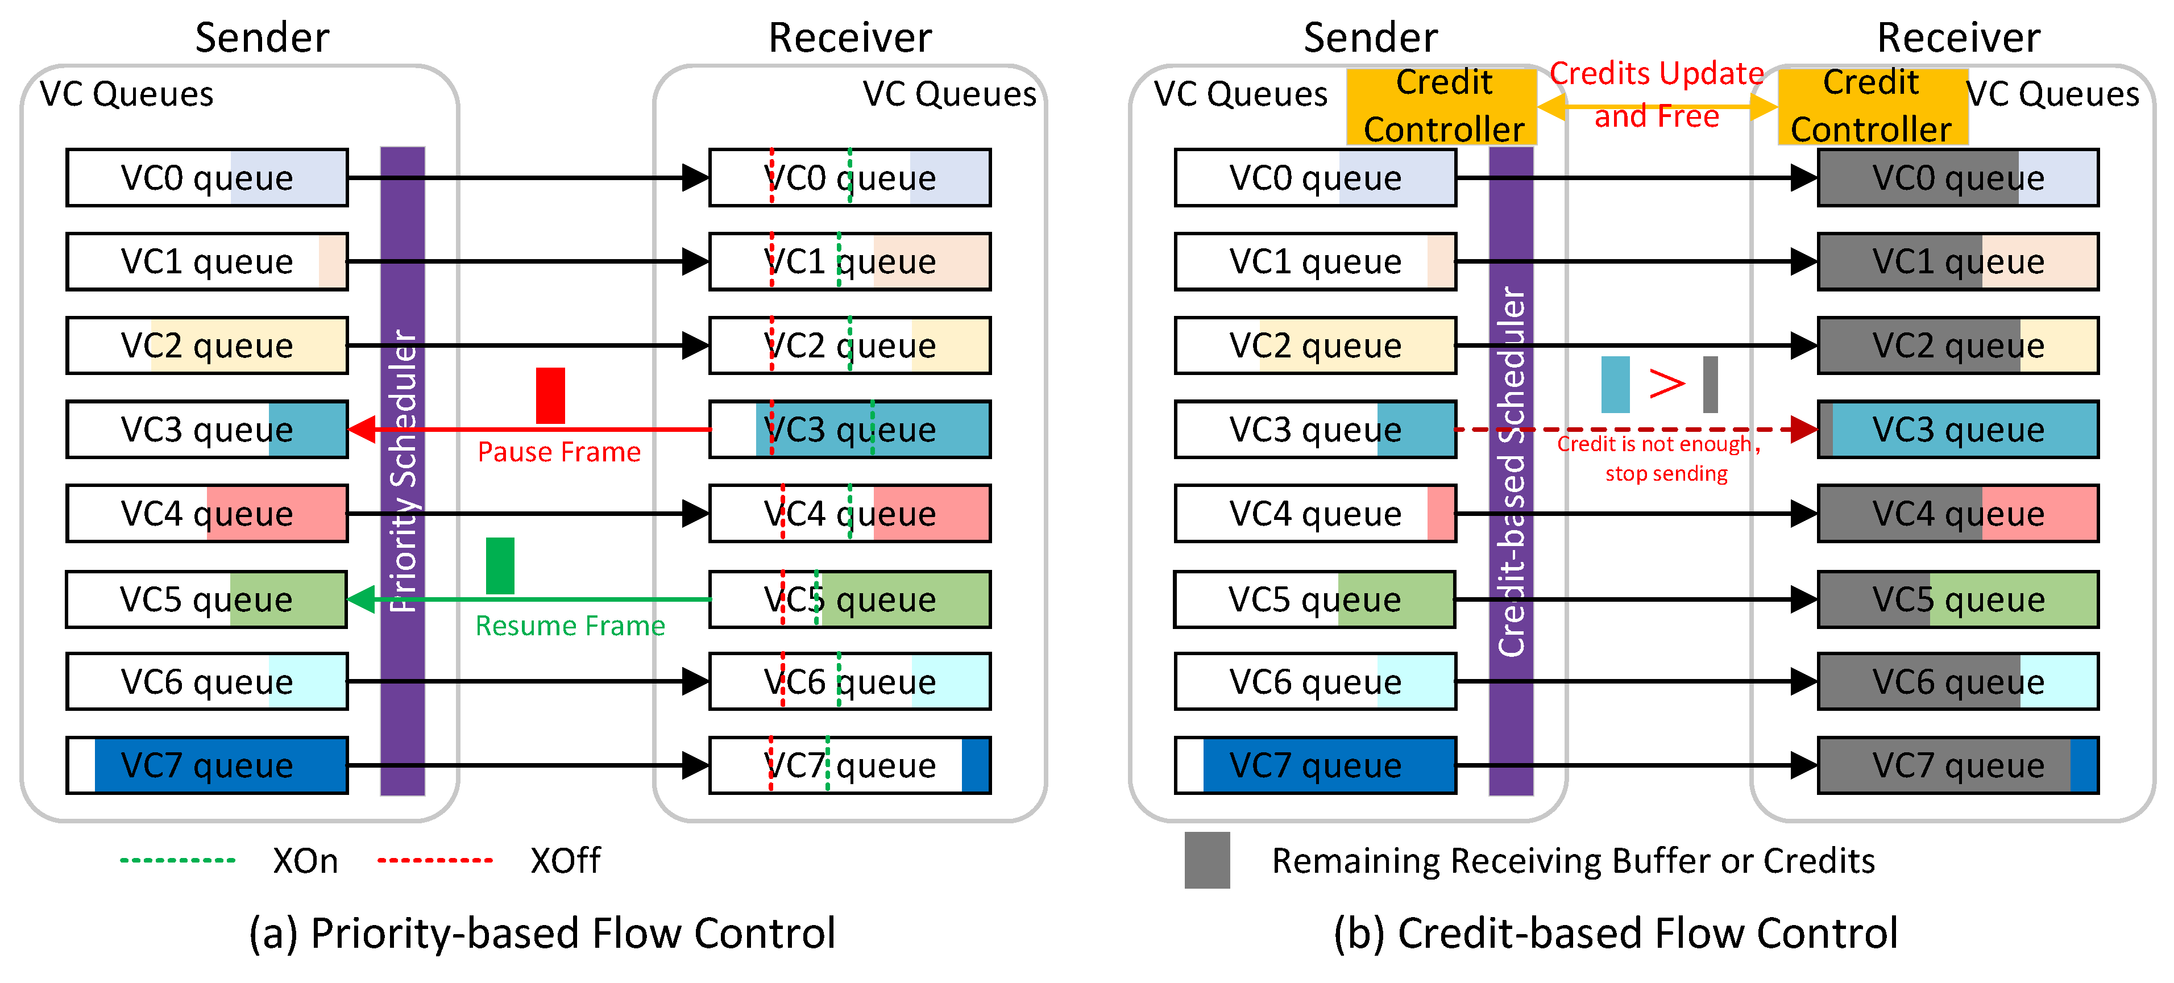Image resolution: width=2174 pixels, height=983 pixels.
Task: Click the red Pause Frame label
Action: pos(559,452)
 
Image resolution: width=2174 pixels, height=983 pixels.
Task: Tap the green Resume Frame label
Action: pos(570,626)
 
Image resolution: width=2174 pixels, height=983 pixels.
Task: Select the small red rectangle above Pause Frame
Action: pos(550,395)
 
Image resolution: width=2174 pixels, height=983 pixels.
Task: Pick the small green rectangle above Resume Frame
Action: pos(500,565)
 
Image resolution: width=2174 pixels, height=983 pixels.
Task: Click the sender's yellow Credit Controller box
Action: pos(1443,106)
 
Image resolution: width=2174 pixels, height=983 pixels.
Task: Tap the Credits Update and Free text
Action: pos(1656,94)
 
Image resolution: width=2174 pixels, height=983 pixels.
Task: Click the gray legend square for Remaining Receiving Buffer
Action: pos(1207,860)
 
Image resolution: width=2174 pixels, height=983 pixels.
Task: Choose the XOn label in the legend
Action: pos(305,861)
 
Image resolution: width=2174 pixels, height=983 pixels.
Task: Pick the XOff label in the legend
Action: pos(565,861)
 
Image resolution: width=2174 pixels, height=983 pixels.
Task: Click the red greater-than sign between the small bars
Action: pos(1667,385)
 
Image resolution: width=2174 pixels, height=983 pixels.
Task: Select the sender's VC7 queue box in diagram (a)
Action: pos(208,765)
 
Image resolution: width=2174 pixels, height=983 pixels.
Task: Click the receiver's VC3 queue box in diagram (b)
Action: pos(1958,430)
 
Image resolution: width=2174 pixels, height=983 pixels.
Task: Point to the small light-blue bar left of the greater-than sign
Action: pos(1615,385)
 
